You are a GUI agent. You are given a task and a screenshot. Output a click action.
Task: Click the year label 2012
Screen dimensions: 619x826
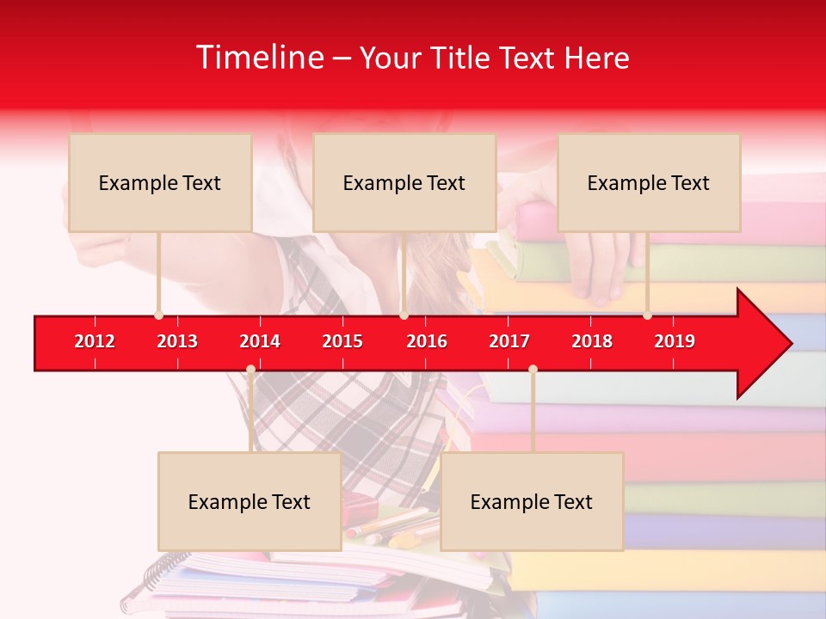pyautogui.click(x=95, y=341)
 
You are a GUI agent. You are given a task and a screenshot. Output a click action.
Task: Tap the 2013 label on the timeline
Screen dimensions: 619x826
pyautogui.click(x=177, y=341)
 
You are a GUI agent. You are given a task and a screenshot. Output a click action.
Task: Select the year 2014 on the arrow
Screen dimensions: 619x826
pyautogui.click(x=260, y=341)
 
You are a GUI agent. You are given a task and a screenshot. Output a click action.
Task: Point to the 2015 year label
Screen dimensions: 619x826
pyautogui.click(x=342, y=341)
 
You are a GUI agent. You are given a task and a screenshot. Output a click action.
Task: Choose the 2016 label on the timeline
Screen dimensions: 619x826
pyautogui.click(x=427, y=341)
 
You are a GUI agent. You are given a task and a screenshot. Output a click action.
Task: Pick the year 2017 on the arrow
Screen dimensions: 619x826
pyautogui.click(x=509, y=341)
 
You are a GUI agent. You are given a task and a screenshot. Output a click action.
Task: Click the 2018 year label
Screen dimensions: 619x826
pyautogui.click(x=592, y=341)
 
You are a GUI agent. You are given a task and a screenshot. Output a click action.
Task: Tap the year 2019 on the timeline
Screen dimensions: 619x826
pyautogui.click(x=675, y=341)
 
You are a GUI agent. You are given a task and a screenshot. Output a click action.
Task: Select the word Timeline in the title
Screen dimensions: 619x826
pyautogui.click(x=259, y=58)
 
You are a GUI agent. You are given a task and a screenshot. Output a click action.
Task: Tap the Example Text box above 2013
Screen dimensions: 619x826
pyautogui.click(x=160, y=182)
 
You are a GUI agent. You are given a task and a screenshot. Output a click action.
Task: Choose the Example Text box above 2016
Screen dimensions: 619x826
pyautogui.click(x=404, y=182)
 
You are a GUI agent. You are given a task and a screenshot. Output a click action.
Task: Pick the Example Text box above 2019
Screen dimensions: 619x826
pyautogui.click(x=649, y=182)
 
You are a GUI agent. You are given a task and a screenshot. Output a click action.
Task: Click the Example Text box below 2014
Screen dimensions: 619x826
pyautogui.click(x=250, y=501)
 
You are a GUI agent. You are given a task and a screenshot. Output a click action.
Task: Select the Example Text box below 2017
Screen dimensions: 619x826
pyautogui.click(x=532, y=501)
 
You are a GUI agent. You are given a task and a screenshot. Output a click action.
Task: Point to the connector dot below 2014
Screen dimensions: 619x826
pyautogui.click(x=250, y=370)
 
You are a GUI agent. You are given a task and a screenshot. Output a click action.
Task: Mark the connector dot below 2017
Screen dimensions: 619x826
pyautogui.click(x=533, y=370)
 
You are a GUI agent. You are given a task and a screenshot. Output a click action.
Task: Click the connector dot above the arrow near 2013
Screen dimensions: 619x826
pyautogui.click(x=158, y=316)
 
